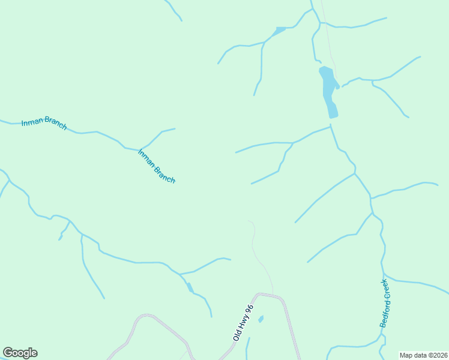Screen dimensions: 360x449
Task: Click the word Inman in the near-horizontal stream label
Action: click(32, 123)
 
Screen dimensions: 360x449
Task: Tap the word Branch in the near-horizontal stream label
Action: click(55, 125)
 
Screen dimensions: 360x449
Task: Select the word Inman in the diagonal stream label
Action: click(146, 157)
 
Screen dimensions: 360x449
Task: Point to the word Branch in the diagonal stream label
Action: click(164, 174)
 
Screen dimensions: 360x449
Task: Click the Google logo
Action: click(20, 353)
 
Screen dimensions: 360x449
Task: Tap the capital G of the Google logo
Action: click(8, 353)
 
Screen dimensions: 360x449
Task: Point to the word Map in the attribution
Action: click(407, 355)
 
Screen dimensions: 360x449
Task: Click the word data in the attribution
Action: click(421, 355)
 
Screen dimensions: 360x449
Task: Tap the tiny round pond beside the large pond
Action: click(337, 87)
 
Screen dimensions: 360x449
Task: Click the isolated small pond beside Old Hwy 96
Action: click(261, 319)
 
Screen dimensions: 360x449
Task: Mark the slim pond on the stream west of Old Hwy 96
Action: click(190, 287)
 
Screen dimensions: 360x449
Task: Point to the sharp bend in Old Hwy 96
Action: click(259, 294)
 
